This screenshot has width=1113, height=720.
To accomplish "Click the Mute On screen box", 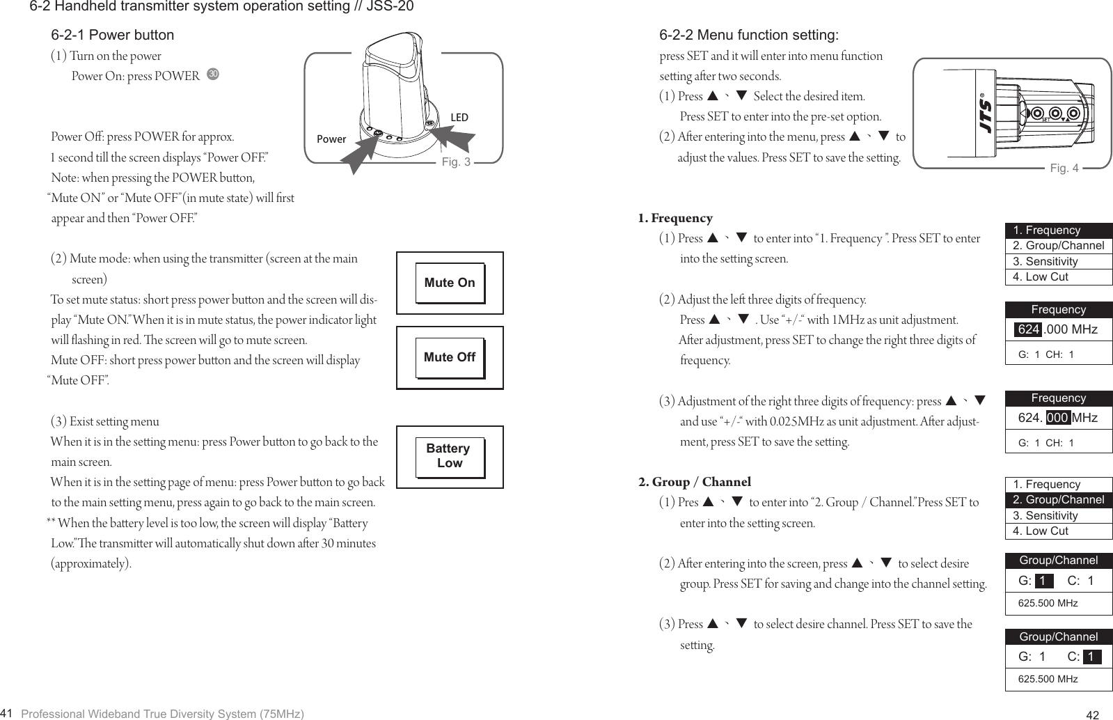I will (x=450, y=283).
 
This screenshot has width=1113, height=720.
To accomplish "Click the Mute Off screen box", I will (x=450, y=357).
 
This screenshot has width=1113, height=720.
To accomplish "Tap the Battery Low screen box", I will (x=450, y=456).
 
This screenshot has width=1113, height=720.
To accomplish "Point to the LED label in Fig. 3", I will (x=459, y=118).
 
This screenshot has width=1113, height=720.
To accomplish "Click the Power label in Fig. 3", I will (x=331, y=139).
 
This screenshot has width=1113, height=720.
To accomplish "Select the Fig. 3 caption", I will (x=457, y=163).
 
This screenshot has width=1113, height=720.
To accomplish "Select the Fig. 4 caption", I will (x=1064, y=168).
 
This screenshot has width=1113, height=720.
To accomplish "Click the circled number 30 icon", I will (x=213, y=75).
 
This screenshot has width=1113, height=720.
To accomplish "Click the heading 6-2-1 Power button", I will (x=113, y=35).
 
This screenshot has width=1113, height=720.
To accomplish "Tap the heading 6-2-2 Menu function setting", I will (x=749, y=35).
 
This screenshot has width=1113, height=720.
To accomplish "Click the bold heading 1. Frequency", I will (x=675, y=219).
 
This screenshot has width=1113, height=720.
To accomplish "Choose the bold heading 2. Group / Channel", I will (x=695, y=482).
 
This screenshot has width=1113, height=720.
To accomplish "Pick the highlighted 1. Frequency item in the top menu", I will (x=1058, y=230).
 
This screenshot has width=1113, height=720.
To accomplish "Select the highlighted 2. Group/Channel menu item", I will (x=1058, y=500).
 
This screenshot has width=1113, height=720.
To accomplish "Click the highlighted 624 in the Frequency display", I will (x=1027, y=329).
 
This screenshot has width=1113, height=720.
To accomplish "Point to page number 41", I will (x=8, y=712).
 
